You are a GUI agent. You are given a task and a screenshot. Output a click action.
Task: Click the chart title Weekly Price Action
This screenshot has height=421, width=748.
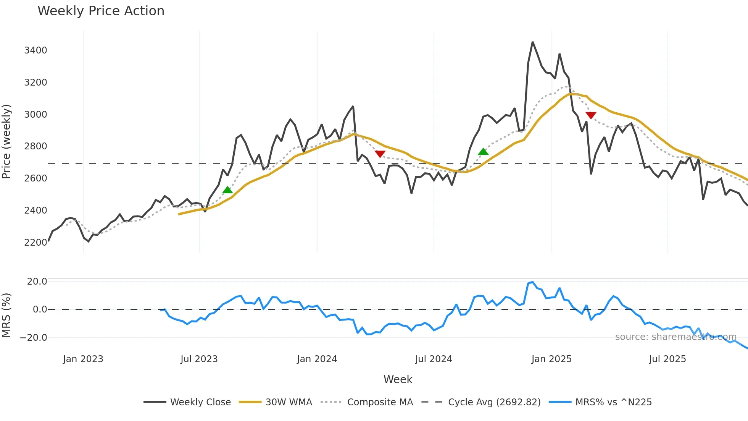click(101, 11)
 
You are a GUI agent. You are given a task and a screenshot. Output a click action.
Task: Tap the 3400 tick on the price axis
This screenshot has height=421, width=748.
click(35, 50)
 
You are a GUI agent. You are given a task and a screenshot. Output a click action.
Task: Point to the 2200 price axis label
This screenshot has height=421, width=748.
click(35, 243)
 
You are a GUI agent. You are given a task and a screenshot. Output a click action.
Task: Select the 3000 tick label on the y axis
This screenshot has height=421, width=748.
click(35, 115)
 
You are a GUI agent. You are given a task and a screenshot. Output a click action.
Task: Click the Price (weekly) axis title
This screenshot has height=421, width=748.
click(6, 141)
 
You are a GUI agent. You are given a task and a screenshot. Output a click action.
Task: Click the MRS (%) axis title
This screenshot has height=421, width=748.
click(6, 315)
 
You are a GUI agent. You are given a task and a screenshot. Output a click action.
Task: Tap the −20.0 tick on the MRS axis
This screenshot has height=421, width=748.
click(34, 338)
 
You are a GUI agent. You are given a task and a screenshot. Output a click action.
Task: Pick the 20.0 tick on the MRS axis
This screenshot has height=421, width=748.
click(37, 282)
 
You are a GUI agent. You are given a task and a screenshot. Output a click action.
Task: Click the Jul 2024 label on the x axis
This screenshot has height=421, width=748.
click(434, 359)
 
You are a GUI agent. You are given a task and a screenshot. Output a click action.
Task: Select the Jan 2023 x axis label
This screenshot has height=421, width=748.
click(83, 359)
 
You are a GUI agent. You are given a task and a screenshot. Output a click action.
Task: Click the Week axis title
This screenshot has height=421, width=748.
click(398, 379)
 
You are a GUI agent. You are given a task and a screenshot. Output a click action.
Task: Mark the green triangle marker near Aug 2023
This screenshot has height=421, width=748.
click(227, 190)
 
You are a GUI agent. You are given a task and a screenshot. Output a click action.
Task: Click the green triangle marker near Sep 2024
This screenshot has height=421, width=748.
click(483, 152)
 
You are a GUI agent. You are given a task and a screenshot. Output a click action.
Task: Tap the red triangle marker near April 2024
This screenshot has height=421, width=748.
click(380, 154)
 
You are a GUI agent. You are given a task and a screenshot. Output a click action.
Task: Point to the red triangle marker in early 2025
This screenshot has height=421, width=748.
click(591, 115)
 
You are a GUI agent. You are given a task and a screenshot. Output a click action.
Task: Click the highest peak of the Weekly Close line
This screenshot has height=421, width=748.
click(533, 42)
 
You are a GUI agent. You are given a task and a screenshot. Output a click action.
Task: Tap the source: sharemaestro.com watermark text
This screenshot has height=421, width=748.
click(675, 337)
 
